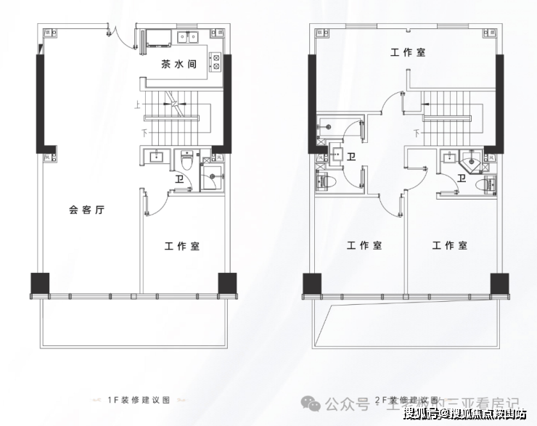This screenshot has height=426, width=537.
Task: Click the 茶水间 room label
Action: point(179,64)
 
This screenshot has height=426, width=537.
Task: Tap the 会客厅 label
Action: point(87,210)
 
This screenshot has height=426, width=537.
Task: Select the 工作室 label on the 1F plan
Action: point(181,247)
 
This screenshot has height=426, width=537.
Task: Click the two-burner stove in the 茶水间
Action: point(216,62)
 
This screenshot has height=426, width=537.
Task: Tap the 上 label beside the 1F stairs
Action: point(136,104)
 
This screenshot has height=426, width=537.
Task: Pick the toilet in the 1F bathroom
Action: point(186,159)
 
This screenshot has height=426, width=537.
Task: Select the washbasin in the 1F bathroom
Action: point(155,157)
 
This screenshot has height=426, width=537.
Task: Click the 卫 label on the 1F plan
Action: point(179,179)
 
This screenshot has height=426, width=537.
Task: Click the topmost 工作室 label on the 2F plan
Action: point(408,52)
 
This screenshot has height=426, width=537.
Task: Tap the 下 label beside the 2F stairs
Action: point(417,133)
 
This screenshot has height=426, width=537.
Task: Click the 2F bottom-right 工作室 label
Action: point(450,246)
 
